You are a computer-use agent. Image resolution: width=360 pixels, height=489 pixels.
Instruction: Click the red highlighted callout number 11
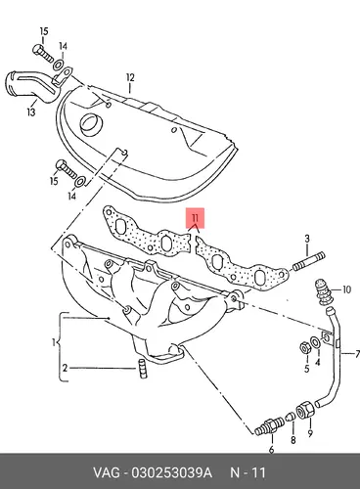[195, 217]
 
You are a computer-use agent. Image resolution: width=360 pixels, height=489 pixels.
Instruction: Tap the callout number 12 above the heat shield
[130, 77]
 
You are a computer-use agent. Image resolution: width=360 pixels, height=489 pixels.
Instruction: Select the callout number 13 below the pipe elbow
[31, 112]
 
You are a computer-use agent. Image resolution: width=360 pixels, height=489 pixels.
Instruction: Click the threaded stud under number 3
[309, 261]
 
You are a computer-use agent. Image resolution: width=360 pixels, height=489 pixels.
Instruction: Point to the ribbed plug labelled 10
[323, 292]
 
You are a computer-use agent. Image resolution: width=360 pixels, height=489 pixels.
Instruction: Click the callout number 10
[346, 289]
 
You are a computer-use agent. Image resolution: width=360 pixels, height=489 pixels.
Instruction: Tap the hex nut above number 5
[304, 348]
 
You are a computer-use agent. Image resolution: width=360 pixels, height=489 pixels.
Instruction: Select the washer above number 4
[315, 342]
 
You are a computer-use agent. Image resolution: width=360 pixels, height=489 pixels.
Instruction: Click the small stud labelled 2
[142, 369]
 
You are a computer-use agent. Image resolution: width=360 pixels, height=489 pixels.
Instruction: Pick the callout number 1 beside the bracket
[54, 342]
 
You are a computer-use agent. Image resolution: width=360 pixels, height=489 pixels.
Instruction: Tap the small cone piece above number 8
[290, 417]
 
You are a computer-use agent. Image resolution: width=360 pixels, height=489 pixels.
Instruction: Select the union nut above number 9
[305, 409]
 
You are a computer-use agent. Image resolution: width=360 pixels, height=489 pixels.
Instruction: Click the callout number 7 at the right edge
[357, 354]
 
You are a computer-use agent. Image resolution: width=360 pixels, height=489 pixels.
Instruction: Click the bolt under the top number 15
[43, 54]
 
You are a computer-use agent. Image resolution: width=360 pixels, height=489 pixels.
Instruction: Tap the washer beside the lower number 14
[80, 182]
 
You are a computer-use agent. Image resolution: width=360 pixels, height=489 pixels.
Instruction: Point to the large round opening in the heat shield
[92, 125]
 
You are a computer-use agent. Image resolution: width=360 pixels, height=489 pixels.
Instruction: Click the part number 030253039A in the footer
[171, 472]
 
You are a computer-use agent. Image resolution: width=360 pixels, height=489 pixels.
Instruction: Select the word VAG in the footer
[107, 472]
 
